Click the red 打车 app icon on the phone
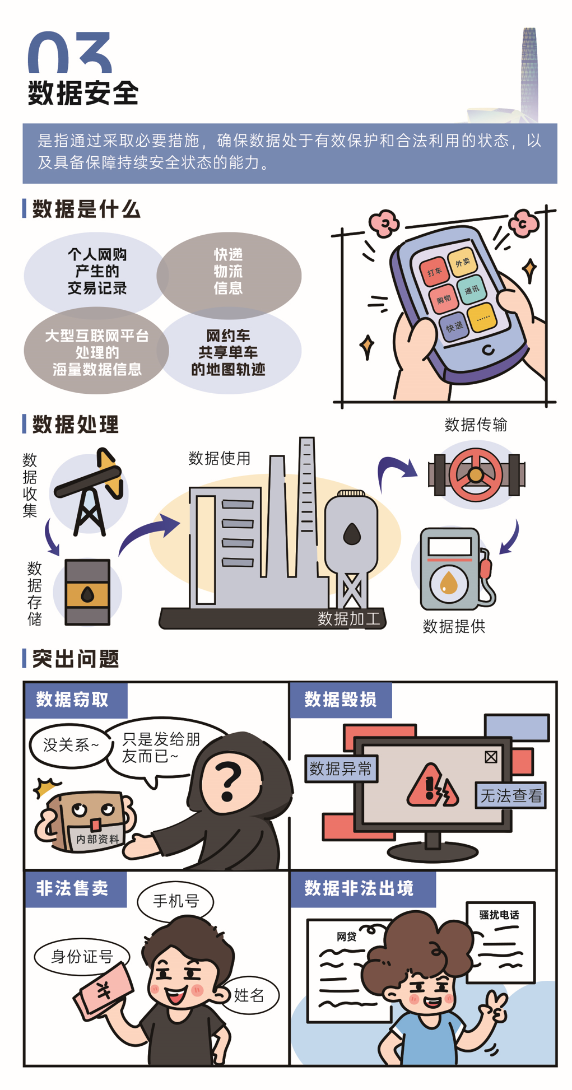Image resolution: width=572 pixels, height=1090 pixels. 434,272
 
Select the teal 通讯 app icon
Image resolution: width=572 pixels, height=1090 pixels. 472,290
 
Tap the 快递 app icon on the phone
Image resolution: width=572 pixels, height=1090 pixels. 454,325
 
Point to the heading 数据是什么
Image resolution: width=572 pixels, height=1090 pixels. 86,209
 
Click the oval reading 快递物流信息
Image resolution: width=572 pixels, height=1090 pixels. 229,275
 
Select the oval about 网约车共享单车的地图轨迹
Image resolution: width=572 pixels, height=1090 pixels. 229,351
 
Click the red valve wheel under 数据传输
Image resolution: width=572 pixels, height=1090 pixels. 476,475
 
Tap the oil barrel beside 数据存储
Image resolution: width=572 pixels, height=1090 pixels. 87,591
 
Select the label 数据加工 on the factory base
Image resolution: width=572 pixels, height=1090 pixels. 348,618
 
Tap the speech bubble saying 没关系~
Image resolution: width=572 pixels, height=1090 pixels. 71,746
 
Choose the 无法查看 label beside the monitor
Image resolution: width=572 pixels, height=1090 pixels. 511,795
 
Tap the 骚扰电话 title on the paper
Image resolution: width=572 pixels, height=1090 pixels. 499,915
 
